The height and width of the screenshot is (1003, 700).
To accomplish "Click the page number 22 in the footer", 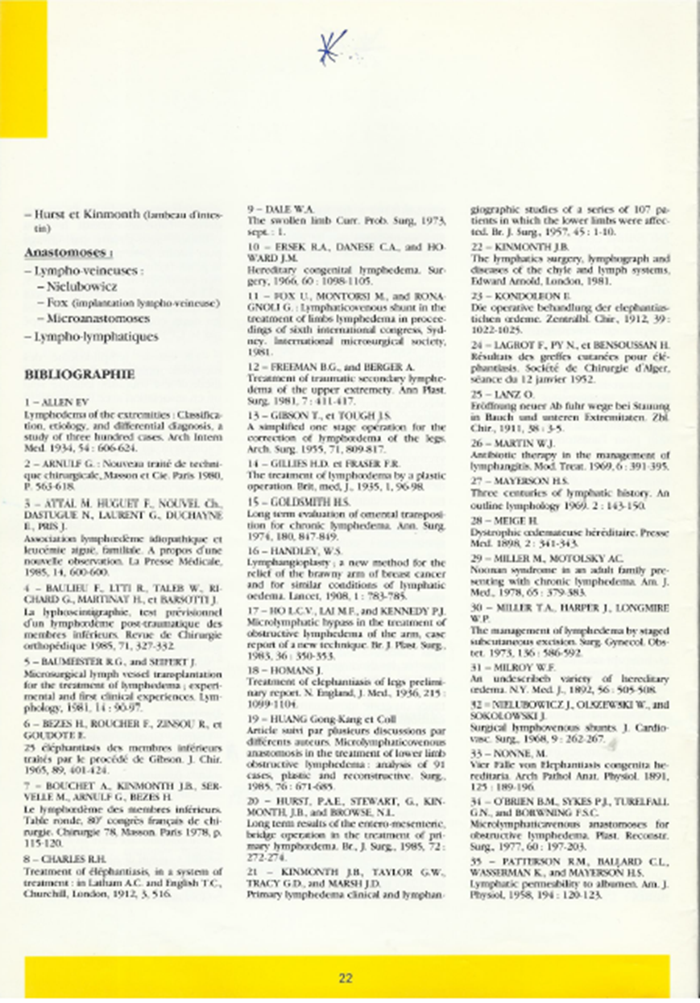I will pos(346,978).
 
